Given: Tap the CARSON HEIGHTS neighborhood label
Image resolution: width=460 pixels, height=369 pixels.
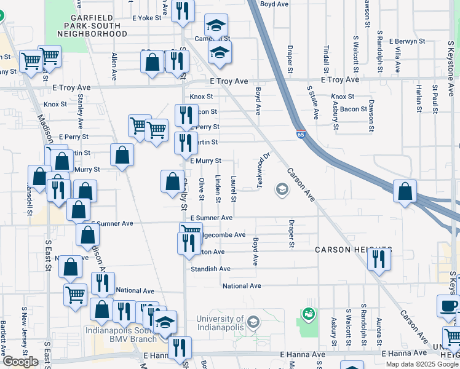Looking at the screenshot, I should [345, 250].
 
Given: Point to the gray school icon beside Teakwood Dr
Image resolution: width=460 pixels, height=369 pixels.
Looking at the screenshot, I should [282, 189].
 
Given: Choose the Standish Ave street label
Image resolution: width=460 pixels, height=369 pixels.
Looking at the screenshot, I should [210, 269].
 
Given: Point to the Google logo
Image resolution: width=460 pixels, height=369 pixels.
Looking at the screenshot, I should [20, 361].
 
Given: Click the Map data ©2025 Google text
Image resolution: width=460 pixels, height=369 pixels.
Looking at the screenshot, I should [422, 364].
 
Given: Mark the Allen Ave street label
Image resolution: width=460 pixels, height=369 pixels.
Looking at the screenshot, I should [114, 66].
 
